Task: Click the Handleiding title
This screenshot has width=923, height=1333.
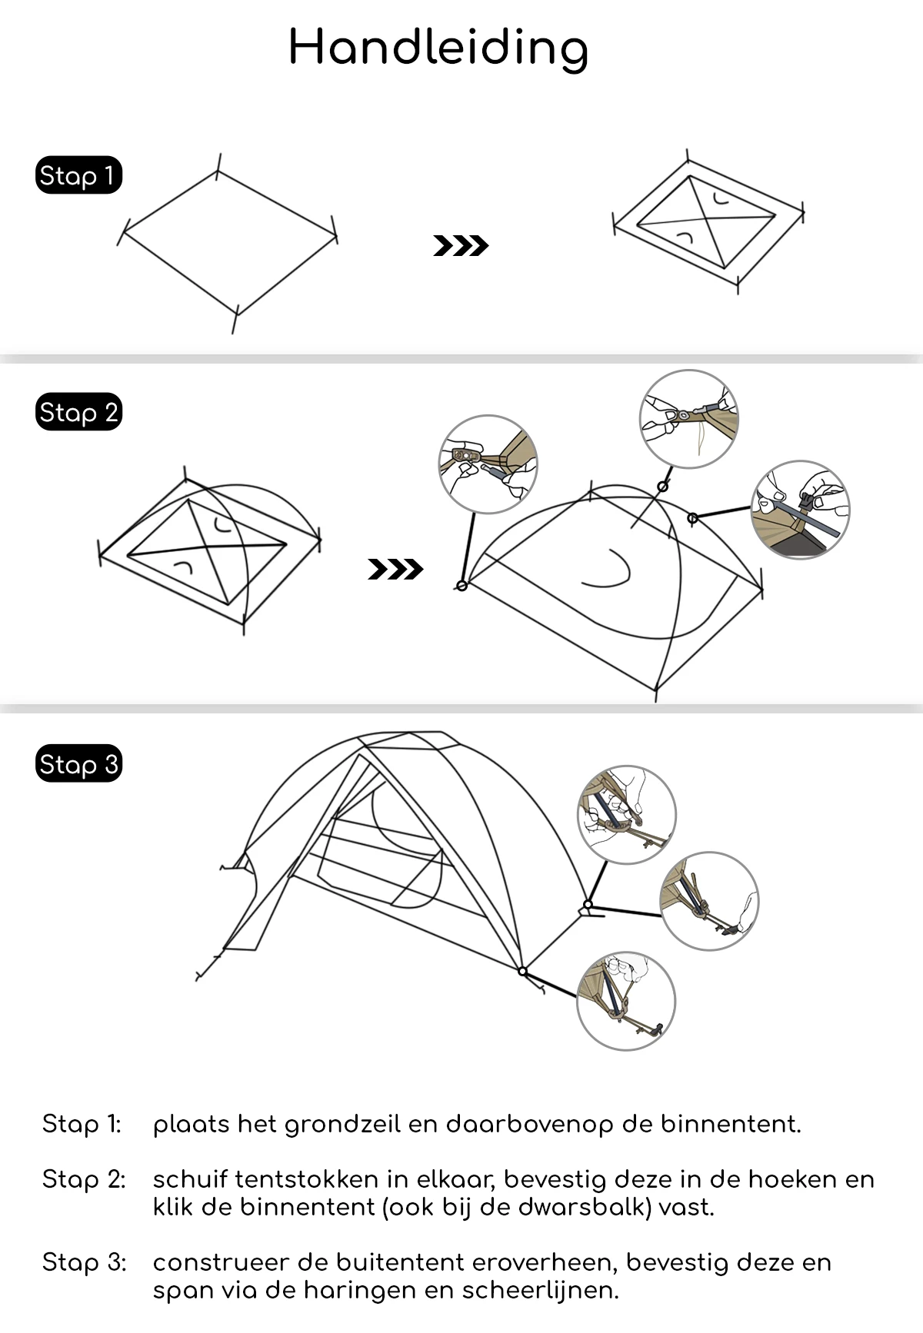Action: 438,48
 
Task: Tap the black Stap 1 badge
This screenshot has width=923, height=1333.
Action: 78,176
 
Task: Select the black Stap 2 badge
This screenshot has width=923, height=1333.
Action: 78,413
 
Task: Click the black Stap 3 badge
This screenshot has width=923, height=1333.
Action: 78,765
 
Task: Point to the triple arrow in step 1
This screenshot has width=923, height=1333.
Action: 461,246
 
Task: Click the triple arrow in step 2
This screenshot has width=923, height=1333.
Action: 395,570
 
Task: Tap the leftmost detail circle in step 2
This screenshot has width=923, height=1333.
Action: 488,464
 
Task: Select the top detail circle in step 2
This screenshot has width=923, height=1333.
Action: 688,419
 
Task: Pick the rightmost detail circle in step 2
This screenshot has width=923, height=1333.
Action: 800,510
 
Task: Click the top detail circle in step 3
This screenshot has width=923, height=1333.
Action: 627,815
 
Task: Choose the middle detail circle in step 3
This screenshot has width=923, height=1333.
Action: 709,901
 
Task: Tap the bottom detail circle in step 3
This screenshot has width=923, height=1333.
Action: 626,1002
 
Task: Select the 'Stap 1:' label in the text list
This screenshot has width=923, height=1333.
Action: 82,1125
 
